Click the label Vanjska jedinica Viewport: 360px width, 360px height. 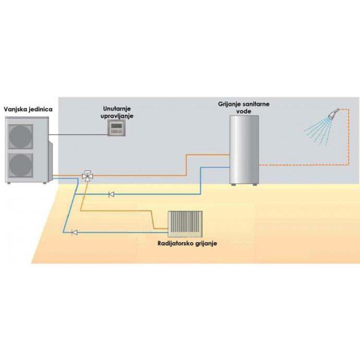tap(30, 109)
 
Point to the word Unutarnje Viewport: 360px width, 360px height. tap(116, 107)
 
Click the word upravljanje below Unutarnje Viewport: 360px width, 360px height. tap(116, 114)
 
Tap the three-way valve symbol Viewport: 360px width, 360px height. tap(87, 176)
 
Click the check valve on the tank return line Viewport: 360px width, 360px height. tap(111, 195)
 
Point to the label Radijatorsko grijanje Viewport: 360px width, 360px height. tap(187, 244)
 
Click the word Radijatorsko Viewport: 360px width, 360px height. tap(174, 244)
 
